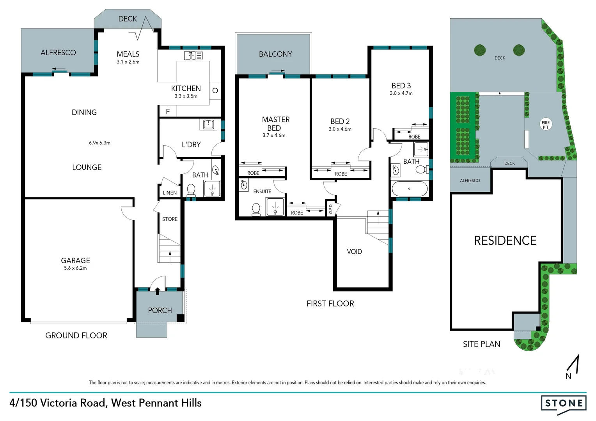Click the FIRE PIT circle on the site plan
(545, 125)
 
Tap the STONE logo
(564, 403)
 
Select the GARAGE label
(75, 260)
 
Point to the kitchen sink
(193, 55)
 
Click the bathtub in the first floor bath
(409, 189)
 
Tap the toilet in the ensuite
(256, 209)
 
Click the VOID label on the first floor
(354, 252)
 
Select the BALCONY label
(275, 54)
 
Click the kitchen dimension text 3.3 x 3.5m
(186, 96)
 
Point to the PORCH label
(160, 310)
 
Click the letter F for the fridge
(168, 112)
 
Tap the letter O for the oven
(215, 91)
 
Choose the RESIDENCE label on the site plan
(505, 241)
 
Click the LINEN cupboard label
(170, 193)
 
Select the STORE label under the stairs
(170, 219)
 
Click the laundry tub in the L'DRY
(208, 124)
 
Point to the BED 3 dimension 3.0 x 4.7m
(401, 93)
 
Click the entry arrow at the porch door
(157, 291)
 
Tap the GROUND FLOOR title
(76, 335)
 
